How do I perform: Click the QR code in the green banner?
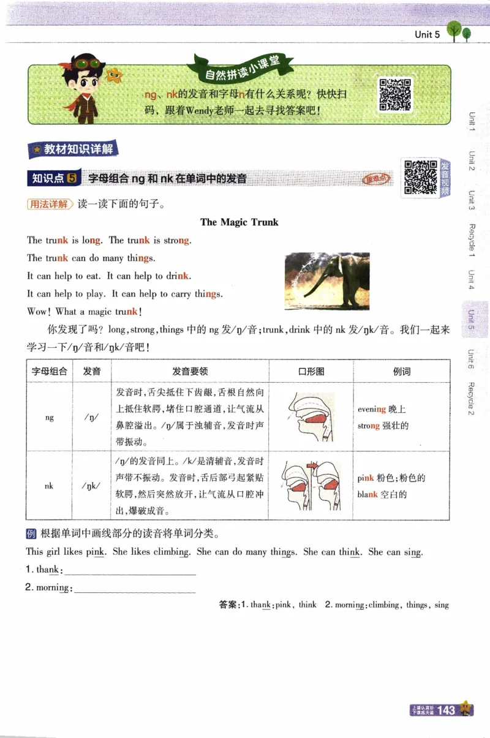[394, 94]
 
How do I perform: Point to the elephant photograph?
[327, 281]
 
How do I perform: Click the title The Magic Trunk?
[239, 222]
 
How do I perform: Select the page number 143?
[447, 710]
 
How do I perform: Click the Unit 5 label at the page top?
[427, 35]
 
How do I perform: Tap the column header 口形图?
[311, 371]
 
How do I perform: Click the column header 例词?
[401, 371]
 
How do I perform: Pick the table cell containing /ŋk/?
[92, 486]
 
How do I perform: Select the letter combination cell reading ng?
[50, 417]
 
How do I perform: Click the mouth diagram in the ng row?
[311, 416]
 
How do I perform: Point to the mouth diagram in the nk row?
[311, 485]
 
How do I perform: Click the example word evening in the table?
[372, 409]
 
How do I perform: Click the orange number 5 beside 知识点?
[72, 178]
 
